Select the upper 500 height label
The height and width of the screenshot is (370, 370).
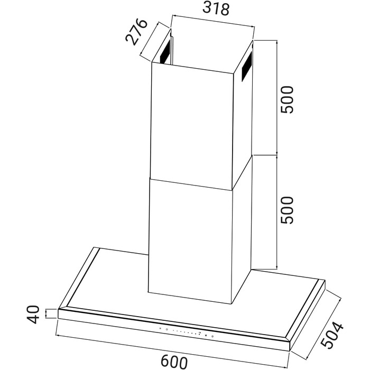tap(287, 100)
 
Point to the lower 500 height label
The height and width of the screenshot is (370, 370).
tap(287, 210)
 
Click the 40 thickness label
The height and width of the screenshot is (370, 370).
tap(33, 314)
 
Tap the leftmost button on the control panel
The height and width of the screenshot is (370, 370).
tap(160, 328)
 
